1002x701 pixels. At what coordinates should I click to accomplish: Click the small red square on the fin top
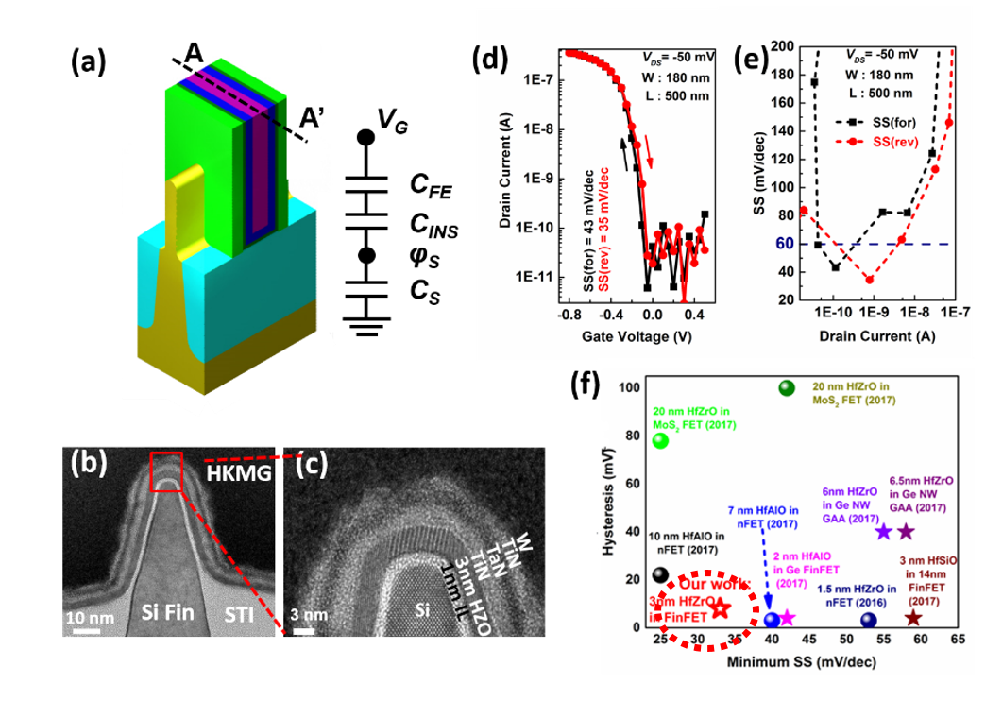click(166, 473)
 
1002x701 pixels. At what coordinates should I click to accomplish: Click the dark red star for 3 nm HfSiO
click(913, 618)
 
